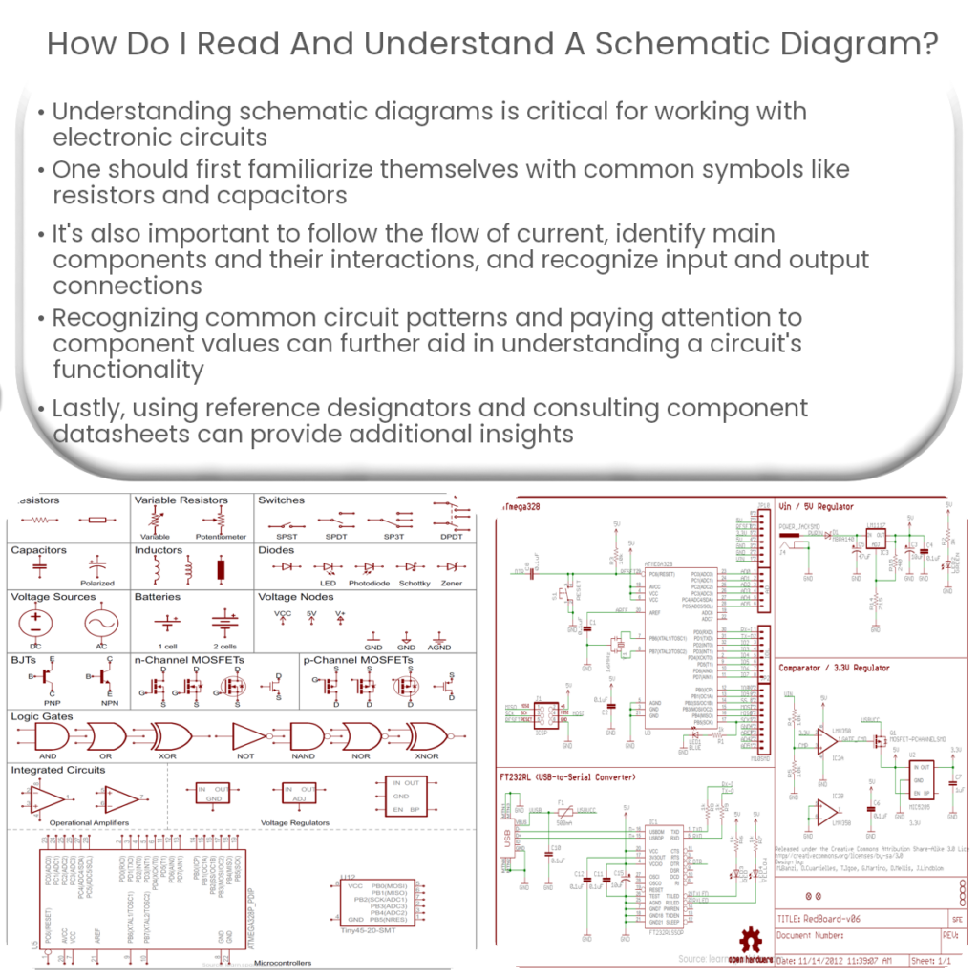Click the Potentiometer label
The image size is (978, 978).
(221, 537)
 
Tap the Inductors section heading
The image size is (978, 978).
(158, 550)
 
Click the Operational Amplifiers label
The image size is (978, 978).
(84, 822)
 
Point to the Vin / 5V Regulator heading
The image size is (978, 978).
(816, 506)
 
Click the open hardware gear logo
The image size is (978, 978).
(746, 939)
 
